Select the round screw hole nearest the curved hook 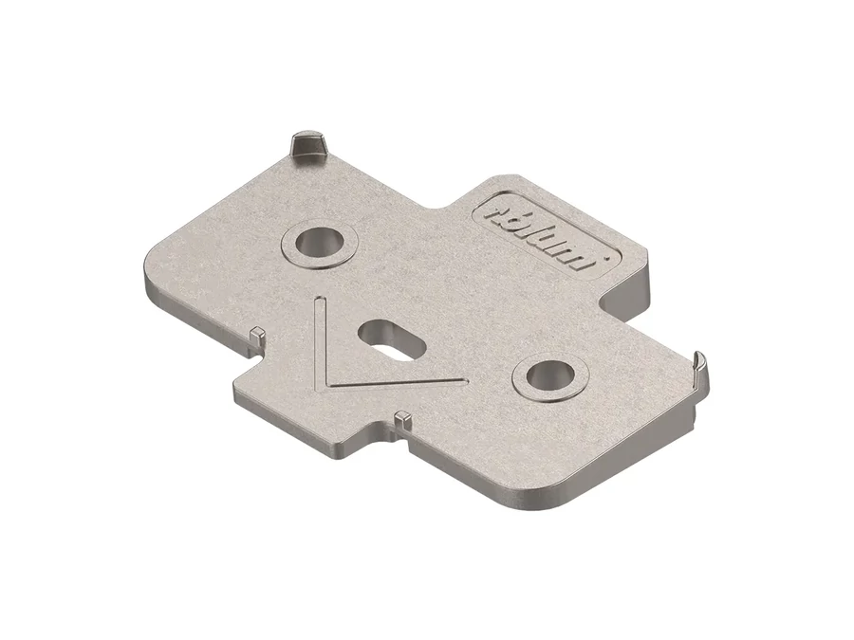(550, 375)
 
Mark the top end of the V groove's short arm (320, 300)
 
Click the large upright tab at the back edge (307, 147)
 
